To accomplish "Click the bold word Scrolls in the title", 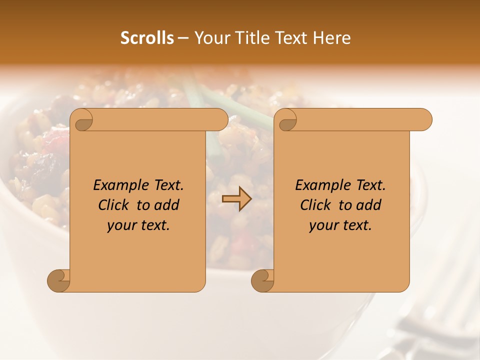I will [147, 38].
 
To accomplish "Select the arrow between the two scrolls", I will [236, 198].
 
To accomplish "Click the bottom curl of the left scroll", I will [59, 280].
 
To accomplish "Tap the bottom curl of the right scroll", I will [263, 280].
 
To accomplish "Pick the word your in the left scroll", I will [120, 226].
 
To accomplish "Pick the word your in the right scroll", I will [322, 226].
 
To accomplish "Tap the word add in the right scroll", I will [368, 205].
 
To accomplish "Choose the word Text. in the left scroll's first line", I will [166, 185].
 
